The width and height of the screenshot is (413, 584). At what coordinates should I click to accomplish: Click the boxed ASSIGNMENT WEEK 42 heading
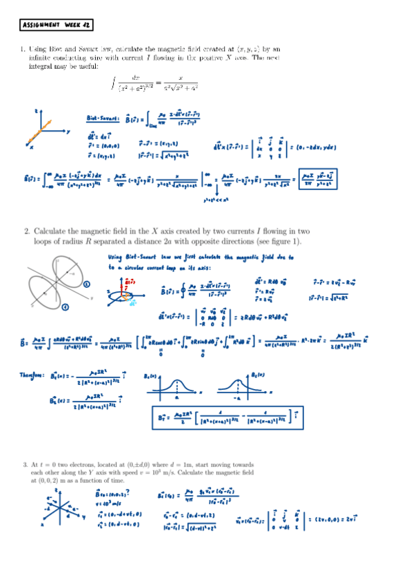tap(57, 25)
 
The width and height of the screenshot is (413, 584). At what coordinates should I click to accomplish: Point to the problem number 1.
tap(23, 50)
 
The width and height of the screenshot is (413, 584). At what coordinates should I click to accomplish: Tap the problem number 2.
tap(23, 231)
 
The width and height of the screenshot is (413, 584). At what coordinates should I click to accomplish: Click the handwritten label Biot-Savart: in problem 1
tap(102, 118)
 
